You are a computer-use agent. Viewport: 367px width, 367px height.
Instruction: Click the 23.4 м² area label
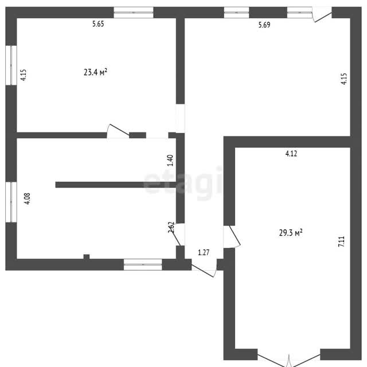click(96, 72)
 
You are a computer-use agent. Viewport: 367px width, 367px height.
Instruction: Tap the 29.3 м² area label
click(291, 233)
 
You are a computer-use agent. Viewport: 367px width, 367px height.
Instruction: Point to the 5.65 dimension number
click(98, 24)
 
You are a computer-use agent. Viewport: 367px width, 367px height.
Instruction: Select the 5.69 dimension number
click(264, 25)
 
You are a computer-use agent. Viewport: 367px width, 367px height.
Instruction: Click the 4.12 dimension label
click(291, 154)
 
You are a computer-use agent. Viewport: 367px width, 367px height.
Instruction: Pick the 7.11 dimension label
click(342, 241)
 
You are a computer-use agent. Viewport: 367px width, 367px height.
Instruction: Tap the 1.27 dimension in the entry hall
click(204, 252)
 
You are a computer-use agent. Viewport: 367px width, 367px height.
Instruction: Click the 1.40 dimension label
click(170, 161)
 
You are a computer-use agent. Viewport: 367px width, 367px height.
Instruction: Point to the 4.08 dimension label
click(28, 198)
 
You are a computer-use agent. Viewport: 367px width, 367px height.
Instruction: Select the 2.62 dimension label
click(171, 227)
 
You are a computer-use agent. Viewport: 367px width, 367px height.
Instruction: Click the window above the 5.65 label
click(134, 13)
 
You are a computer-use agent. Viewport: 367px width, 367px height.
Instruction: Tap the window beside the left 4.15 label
click(11, 65)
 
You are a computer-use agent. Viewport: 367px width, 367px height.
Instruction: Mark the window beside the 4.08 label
click(11, 202)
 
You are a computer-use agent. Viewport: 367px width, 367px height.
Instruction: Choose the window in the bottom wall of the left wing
click(143, 264)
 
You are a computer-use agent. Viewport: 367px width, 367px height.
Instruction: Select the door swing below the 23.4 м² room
click(118, 131)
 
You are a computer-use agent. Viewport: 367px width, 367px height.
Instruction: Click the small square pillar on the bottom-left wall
click(87, 257)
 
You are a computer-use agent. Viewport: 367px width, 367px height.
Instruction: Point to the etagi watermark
click(183, 183)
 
